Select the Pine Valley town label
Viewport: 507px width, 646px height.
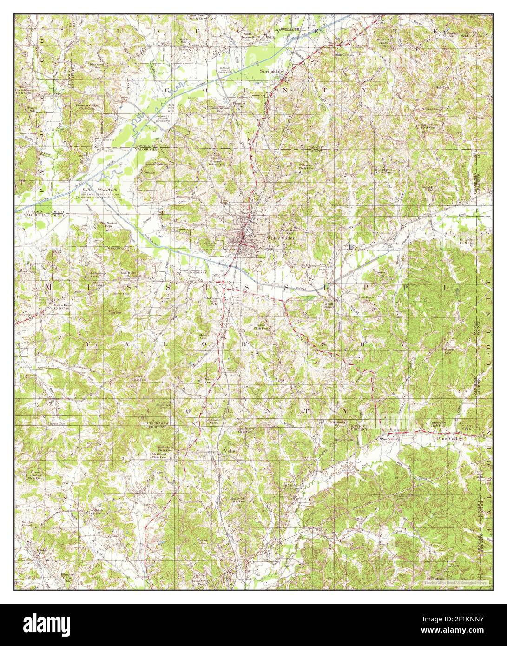tap(448, 437)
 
